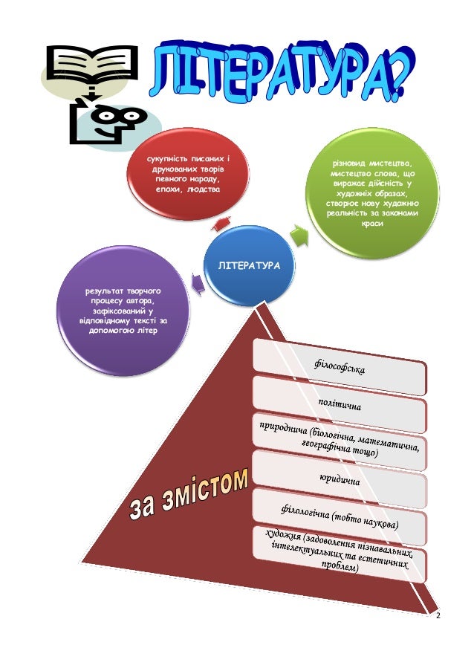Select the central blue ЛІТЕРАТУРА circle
(x=249, y=265)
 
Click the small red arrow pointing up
(x=221, y=221)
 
